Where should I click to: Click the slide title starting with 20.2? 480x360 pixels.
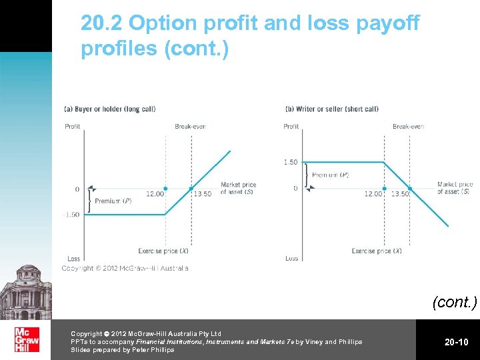pyautogui.click(x=249, y=36)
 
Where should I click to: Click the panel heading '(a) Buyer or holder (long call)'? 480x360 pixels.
pyautogui.click(x=109, y=109)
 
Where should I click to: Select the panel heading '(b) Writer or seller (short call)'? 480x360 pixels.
pyautogui.click(x=331, y=109)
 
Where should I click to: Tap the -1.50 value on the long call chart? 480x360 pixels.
pyautogui.click(x=71, y=215)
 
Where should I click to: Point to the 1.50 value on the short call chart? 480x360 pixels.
pyautogui.click(x=291, y=163)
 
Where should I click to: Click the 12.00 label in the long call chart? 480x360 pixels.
pyautogui.click(x=155, y=194)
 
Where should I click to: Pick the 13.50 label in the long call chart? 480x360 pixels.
pyautogui.click(x=203, y=194)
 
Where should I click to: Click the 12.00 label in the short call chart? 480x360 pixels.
pyautogui.click(x=373, y=194)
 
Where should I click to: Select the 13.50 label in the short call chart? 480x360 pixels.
pyautogui.click(x=400, y=194)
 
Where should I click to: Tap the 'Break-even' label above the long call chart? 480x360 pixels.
pyautogui.click(x=191, y=126)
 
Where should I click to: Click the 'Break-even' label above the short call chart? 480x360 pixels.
pyautogui.click(x=408, y=126)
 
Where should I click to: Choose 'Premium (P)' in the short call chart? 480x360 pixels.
pyautogui.click(x=330, y=175)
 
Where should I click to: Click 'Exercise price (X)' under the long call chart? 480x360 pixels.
pyautogui.click(x=163, y=251)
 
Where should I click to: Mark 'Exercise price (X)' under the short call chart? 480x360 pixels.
pyautogui.click(x=377, y=251)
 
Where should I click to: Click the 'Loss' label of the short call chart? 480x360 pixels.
pyautogui.click(x=292, y=259)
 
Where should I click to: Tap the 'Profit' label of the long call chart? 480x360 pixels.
pyautogui.click(x=73, y=126)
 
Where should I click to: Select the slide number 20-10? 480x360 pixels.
pyautogui.click(x=457, y=342)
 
